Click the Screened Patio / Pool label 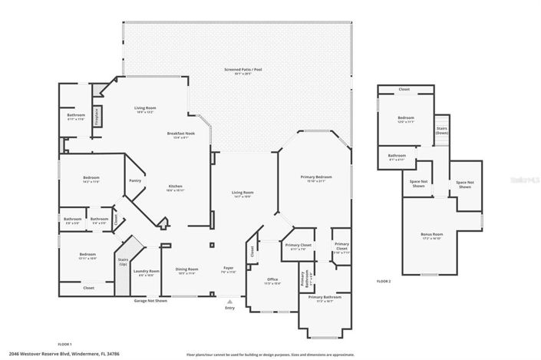[x=239, y=70]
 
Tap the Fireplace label [x=97, y=116]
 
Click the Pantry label [x=135, y=181]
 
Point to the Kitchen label [x=176, y=187]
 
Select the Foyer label [x=229, y=269]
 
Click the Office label [x=272, y=280]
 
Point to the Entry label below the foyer [x=229, y=308]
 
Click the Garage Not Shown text [x=150, y=300]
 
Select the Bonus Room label [x=433, y=234]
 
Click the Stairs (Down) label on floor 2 [x=442, y=130]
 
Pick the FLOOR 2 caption [x=384, y=282]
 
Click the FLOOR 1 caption [x=65, y=344]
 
